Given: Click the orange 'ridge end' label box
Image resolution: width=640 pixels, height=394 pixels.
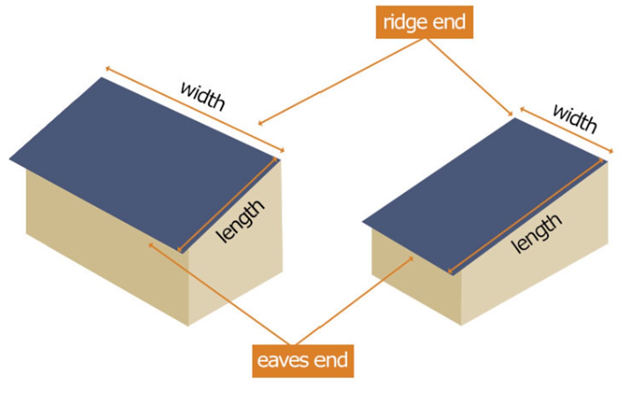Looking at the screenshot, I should [424, 22].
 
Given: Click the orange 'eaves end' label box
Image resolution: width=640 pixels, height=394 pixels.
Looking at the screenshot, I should [302, 361].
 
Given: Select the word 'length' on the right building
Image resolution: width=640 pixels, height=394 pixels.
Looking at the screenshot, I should [537, 233].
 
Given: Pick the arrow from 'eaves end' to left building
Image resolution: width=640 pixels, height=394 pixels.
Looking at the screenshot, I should [224, 296].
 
